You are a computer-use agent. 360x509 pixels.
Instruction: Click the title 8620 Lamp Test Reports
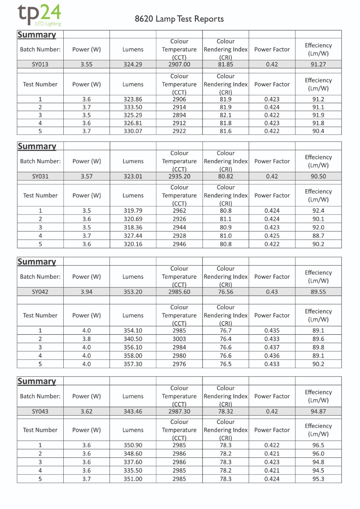coord(179,19)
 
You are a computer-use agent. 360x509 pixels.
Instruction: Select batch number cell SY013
coord(40,64)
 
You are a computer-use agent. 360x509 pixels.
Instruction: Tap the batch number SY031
coord(40,176)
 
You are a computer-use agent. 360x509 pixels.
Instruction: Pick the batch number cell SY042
coord(40,292)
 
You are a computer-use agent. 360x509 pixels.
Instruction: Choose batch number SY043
coord(40,411)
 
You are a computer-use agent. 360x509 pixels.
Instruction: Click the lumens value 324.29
coord(133,64)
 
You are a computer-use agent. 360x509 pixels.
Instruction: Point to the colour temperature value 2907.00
coord(179,64)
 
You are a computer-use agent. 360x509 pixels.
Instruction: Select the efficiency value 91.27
coord(318,64)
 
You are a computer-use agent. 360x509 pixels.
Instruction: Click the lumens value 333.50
coord(133,107)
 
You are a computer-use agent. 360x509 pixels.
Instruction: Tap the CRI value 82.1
coord(225,115)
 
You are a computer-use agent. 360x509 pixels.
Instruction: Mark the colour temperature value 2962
coord(179,211)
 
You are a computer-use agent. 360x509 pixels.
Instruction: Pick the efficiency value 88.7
coord(318,235)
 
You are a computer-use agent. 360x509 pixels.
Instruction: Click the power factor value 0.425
coord(272,235)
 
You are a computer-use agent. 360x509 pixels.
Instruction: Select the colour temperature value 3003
coord(179,339)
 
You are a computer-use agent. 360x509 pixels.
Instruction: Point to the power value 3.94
coord(87,292)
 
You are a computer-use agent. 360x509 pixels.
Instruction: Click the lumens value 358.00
coord(133,355)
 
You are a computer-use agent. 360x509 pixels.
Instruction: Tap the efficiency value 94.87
coord(318,411)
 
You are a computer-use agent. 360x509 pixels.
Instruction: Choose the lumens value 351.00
coord(133,479)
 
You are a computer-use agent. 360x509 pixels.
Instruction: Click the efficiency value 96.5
coord(318,445)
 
